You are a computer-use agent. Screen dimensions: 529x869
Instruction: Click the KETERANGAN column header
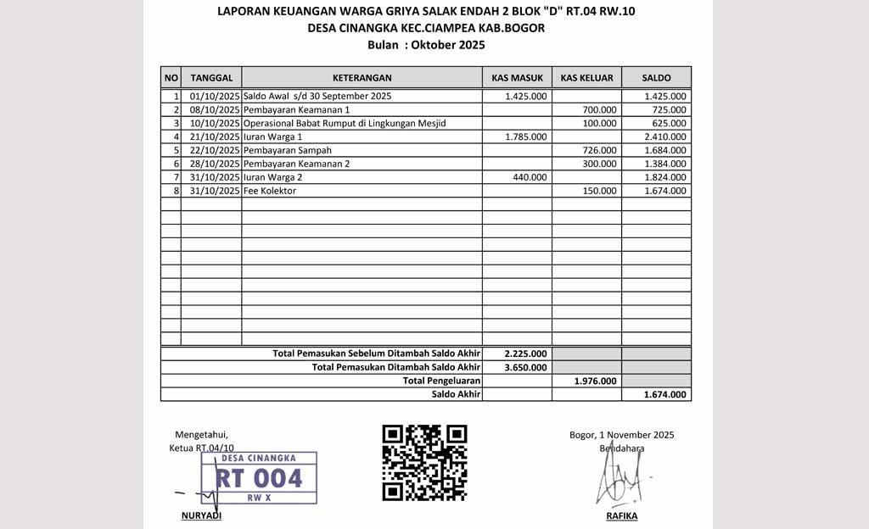tap(362, 77)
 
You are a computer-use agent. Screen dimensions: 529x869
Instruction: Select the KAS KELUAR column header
tap(586, 77)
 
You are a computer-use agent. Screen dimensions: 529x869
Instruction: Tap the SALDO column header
tap(656, 77)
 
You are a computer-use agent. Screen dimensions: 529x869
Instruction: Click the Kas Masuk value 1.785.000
tap(526, 136)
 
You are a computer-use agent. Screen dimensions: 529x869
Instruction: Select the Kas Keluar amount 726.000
tap(599, 150)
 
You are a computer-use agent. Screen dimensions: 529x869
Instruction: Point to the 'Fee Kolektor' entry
tap(270, 191)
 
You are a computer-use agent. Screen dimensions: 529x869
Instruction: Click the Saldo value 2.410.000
tap(665, 136)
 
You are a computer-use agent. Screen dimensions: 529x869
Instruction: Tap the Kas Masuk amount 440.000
tap(530, 177)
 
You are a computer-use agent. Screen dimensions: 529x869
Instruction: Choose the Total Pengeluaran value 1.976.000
tap(595, 381)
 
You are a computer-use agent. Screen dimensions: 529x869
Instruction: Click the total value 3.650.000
tap(525, 367)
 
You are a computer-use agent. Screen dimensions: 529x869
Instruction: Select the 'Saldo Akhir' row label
tap(456, 394)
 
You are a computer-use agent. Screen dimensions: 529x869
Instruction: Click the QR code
tap(424, 462)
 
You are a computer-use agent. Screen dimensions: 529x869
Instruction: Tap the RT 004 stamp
tap(259, 478)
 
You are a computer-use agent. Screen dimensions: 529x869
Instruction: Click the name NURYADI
tap(201, 516)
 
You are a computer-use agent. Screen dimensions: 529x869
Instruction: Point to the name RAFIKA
tap(621, 516)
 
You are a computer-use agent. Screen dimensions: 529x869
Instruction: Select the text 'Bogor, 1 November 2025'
tap(621, 435)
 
